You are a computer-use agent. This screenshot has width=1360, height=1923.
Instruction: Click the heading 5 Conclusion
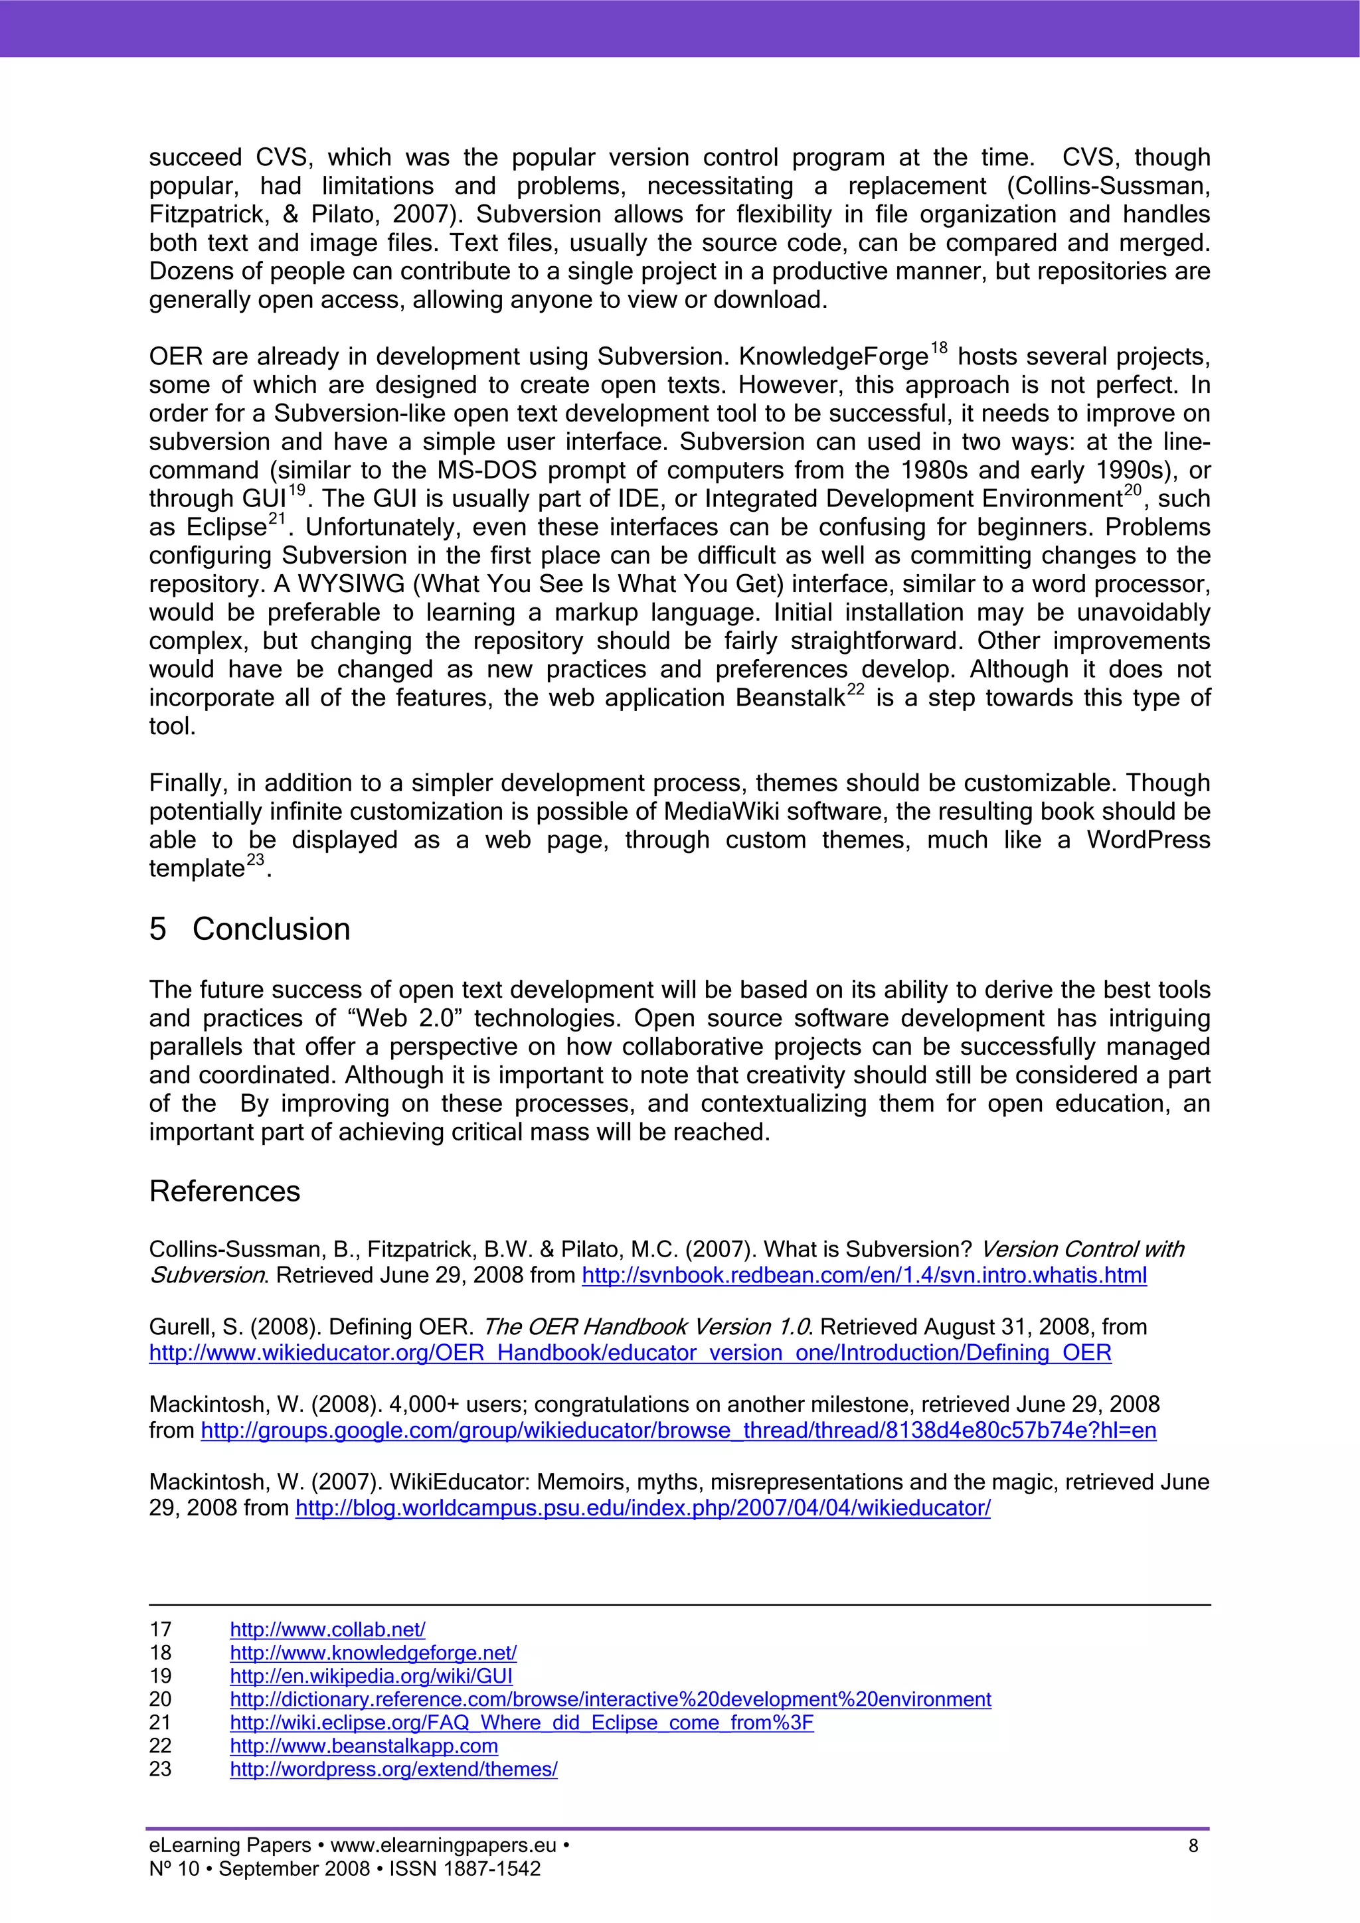pos(250,929)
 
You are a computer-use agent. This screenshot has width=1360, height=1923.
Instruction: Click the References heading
pos(224,1191)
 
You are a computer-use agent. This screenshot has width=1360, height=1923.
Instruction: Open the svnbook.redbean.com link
pos(864,1276)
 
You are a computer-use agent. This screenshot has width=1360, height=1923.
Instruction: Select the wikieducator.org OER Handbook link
pos(630,1353)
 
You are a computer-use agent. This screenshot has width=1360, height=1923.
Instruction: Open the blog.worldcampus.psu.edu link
pos(643,1507)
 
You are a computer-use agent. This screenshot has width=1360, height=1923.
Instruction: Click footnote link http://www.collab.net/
pos(327,1629)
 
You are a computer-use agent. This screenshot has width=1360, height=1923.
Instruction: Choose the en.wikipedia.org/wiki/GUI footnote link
pos(371,1676)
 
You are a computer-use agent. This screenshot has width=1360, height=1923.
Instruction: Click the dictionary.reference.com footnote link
pos(610,1699)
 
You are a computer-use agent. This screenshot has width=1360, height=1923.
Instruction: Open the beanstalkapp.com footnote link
pos(364,1746)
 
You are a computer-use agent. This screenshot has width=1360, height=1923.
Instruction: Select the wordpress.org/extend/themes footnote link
pos(394,1770)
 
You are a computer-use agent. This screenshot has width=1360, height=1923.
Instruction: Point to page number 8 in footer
pos(1193,1845)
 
